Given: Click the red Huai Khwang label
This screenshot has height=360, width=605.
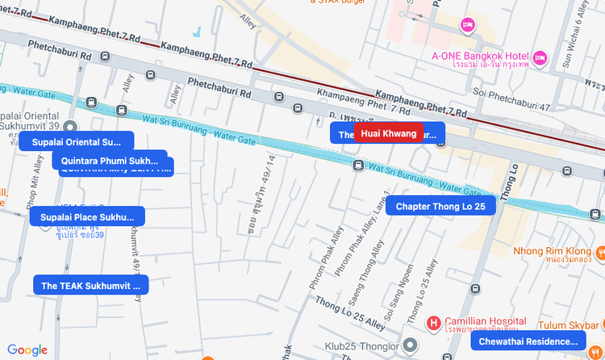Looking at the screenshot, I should [x=388, y=133].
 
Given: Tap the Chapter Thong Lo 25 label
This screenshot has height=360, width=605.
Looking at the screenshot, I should [x=440, y=207].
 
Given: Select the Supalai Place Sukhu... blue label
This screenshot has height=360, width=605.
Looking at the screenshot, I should [x=87, y=216].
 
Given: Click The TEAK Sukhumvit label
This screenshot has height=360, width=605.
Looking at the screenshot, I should [x=90, y=285].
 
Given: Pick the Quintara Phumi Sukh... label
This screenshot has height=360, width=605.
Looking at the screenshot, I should [x=110, y=160].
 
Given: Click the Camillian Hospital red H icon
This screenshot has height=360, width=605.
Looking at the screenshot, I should [x=434, y=323].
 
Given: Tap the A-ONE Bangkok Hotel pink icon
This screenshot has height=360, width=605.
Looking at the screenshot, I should [x=540, y=57].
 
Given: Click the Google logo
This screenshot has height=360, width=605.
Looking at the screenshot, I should [x=27, y=350].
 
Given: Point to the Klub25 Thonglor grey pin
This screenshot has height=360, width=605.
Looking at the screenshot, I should [x=411, y=346].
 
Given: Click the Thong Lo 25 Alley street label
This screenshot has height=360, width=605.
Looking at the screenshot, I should [x=351, y=312].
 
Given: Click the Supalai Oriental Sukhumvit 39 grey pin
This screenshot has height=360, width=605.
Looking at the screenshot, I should [x=70, y=127].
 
